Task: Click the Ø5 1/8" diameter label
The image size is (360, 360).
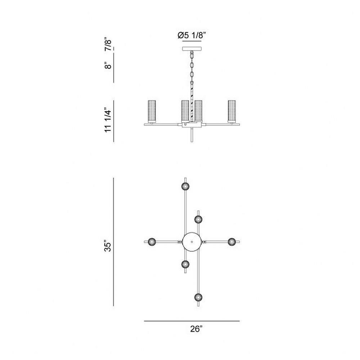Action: point(192,35)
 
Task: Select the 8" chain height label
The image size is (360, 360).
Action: point(108,66)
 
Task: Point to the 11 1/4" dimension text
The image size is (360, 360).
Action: point(108,120)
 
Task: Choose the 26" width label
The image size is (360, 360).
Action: point(196,329)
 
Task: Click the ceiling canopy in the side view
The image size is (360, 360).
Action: point(192,49)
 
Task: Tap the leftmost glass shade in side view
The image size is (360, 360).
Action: point(152,111)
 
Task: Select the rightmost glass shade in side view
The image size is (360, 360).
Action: point(231,111)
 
